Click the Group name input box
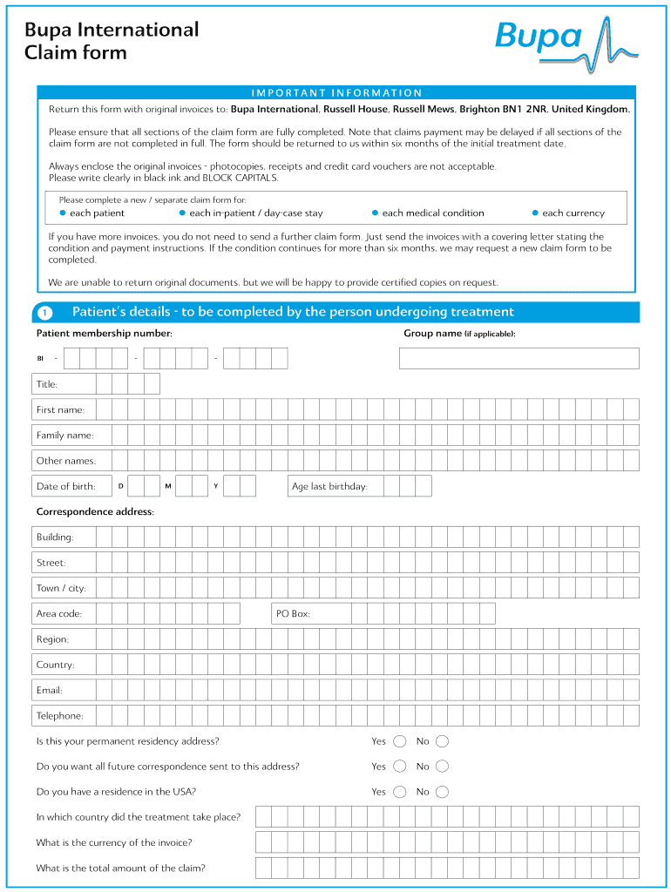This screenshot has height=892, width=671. point(518,358)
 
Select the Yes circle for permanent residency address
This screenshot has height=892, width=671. point(399,741)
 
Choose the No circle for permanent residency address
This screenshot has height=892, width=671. point(442,741)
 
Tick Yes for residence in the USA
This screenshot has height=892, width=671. point(399,792)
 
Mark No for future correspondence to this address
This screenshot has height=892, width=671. point(442,767)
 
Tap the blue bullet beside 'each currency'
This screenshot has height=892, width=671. point(535,213)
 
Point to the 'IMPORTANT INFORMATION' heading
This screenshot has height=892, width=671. point(336,92)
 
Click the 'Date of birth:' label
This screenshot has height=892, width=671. point(65,486)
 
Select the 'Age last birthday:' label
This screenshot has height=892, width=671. point(329,486)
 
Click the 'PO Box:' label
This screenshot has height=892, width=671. point(293,614)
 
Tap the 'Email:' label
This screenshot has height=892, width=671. point(49,690)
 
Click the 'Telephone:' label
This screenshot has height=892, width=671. point(59,716)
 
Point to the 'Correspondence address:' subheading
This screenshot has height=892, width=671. point(95,511)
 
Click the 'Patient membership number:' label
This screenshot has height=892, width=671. point(104,334)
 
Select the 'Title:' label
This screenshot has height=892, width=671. point(46,384)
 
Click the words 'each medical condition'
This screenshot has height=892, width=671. point(433,213)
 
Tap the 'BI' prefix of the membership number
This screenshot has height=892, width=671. point(40,359)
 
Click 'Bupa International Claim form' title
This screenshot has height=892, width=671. point(112,41)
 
